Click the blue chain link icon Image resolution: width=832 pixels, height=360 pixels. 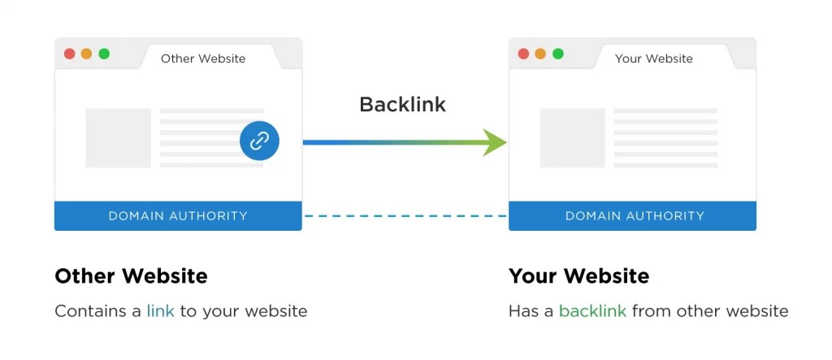coord(259,141)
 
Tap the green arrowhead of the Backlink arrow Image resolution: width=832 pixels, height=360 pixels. coord(493,141)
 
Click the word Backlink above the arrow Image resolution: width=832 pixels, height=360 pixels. coord(402,104)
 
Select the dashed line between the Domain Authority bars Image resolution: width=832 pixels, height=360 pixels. coord(405,216)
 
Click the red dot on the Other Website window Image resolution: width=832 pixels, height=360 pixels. coord(69,54)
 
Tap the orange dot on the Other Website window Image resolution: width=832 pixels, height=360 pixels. coord(86,54)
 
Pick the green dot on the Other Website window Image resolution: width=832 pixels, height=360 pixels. coord(104,54)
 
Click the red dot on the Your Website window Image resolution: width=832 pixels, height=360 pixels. coord(523,54)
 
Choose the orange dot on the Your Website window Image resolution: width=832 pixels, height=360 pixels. coord(540,54)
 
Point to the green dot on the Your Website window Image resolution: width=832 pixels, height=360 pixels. coord(558,54)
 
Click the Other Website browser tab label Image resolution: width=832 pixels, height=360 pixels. coord(203,59)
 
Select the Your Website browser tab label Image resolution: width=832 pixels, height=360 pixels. coord(653,59)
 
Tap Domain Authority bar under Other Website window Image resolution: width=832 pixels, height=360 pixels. coord(178,216)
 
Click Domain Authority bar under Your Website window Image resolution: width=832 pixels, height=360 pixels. coord(634,216)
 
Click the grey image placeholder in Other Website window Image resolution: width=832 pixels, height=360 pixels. coord(119,138)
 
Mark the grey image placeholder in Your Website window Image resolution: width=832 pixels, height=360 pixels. coord(572,138)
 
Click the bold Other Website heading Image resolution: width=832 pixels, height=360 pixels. coord(131,276)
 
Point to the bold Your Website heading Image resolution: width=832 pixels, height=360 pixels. coord(578,276)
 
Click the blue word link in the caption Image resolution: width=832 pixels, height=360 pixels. coord(160,311)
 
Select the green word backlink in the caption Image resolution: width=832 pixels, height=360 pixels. coord(592,311)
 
